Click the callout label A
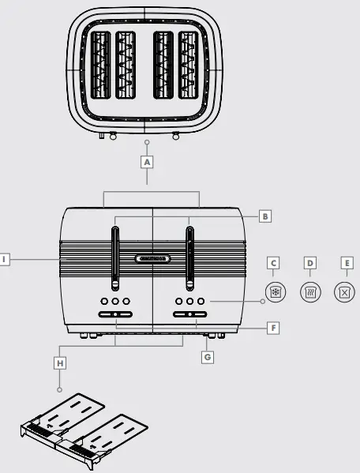pos(147,161)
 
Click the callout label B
pos(266,215)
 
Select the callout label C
pos(273,263)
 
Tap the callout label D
pos(310,263)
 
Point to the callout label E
pos(346,263)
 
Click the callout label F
pos(273,326)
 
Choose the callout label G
pos(208,357)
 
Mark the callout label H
pos(59,362)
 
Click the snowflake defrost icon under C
pos(274,291)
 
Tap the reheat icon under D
pos(310,291)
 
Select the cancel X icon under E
pos(345,291)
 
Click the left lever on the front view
pos(115,257)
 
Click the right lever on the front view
pos(189,257)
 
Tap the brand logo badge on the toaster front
pos(152,258)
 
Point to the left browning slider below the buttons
pos(115,314)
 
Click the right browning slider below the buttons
pos(189,314)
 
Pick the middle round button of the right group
pos(189,301)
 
